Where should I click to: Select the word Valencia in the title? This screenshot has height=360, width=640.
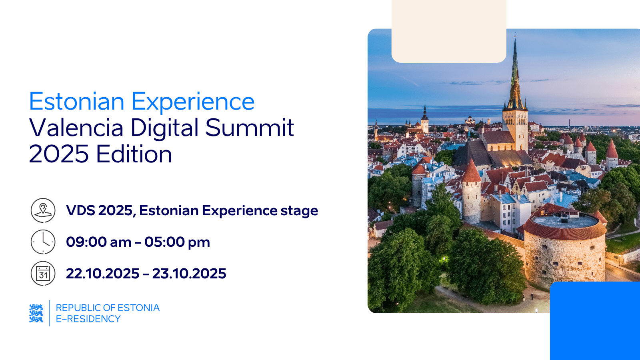click(x=76, y=128)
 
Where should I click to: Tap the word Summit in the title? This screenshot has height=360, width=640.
click(x=250, y=128)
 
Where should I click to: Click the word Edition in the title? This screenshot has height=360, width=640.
click(x=134, y=154)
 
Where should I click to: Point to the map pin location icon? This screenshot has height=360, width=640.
click(x=43, y=210)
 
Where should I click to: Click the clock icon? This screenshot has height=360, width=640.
click(x=43, y=242)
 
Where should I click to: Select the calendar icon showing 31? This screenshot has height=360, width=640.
click(x=43, y=274)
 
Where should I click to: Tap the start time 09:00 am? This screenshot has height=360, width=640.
click(x=99, y=242)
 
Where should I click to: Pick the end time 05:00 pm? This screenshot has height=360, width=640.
click(x=177, y=242)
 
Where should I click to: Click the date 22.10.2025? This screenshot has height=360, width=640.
click(x=103, y=274)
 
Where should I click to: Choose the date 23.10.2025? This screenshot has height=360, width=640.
click(x=189, y=274)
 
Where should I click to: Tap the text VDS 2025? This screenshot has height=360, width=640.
click(x=99, y=210)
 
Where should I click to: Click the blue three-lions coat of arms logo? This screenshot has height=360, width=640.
click(x=36, y=313)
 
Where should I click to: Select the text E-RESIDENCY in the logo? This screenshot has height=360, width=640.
click(x=88, y=319)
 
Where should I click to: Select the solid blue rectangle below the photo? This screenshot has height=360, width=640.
click(x=595, y=320)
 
